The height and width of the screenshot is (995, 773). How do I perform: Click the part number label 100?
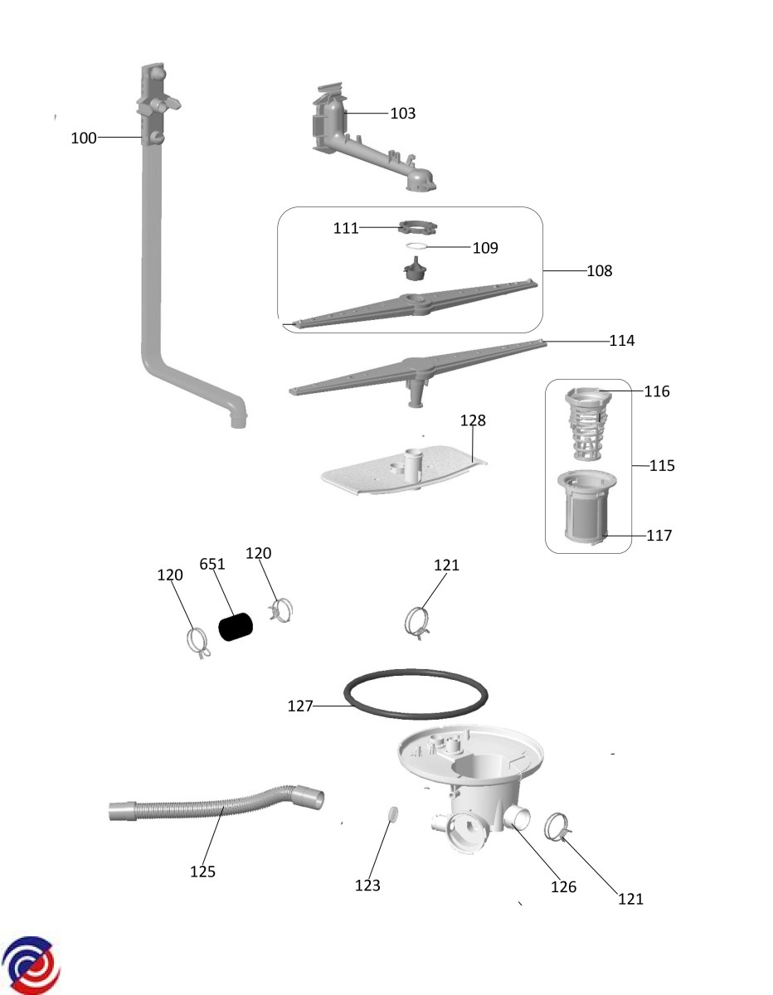[x=83, y=138]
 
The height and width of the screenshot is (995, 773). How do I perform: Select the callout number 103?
[x=402, y=113]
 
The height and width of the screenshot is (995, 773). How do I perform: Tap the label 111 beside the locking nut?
[x=346, y=228]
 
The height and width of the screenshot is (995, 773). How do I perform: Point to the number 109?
[x=485, y=248]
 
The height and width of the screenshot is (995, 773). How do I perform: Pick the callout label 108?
[x=600, y=270]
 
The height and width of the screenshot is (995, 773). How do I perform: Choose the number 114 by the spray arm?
[x=621, y=341]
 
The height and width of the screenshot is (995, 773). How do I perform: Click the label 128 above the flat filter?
[x=473, y=420]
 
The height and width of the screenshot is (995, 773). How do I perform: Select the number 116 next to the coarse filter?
[x=657, y=391]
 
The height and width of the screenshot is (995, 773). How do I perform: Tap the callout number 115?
[x=662, y=466]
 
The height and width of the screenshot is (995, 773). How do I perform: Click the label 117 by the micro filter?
[x=659, y=536]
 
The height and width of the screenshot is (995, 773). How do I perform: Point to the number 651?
[x=212, y=564]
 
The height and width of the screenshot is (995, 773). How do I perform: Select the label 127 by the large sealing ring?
[x=300, y=706]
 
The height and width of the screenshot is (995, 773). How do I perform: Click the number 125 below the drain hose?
[x=202, y=871]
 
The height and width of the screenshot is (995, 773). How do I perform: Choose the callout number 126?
[x=563, y=887]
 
